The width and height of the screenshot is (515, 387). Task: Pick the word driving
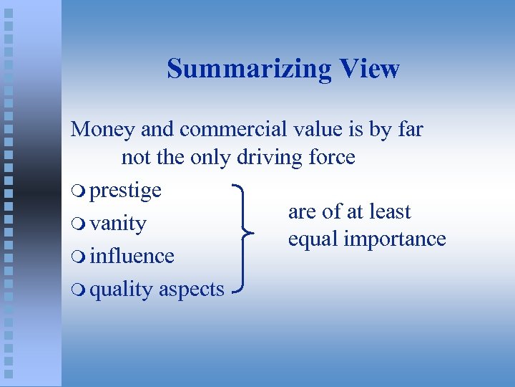tap(271, 158)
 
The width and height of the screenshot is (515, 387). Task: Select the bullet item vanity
tap(118, 224)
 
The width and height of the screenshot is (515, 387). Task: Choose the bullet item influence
tap(132, 256)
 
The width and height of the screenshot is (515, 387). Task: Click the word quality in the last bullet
tap(122, 290)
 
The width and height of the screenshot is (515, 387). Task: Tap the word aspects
tap(192, 290)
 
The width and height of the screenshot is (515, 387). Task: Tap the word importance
tap(396, 239)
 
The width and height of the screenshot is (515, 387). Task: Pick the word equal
tap(313, 239)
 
